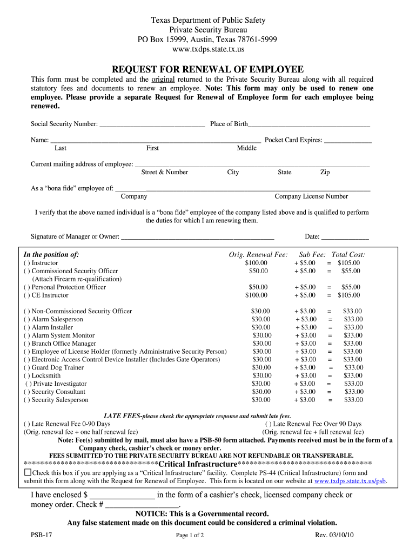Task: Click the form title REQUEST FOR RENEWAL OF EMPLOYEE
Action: (x=207, y=69)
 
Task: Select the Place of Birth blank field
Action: (x=308, y=124)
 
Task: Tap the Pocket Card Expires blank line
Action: (x=347, y=141)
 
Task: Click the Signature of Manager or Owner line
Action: (x=197, y=237)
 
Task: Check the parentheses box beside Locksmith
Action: (x=26, y=375)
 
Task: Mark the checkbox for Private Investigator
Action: (x=28, y=384)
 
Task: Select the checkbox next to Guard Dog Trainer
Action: (x=26, y=367)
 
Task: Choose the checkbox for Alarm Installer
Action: (x=26, y=327)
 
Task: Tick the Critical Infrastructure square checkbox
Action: (x=28, y=472)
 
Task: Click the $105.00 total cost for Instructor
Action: (x=348, y=263)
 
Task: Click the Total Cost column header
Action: (x=348, y=255)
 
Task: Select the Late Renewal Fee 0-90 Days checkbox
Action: (x=26, y=424)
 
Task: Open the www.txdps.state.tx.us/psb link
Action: (x=351, y=480)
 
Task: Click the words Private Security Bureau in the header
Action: (x=207, y=30)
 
